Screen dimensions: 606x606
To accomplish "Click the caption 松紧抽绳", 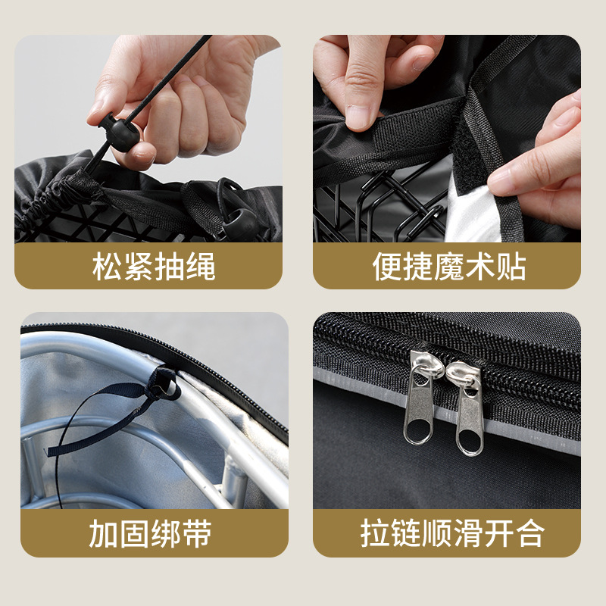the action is [x=154, y=267].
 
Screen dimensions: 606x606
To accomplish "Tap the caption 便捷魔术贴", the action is [x=449, y=267].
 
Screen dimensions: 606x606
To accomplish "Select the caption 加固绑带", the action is [x=150, y=533].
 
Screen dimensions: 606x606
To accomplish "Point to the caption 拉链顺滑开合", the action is [x=452, y=533].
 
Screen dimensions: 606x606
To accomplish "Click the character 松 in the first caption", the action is [x=107, y=267].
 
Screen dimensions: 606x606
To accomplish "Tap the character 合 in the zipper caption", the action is [x=530, y=533].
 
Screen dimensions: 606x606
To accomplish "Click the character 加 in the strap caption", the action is [x=104, y=533].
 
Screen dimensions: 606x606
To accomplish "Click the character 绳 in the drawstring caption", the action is [x=201, y=267].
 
